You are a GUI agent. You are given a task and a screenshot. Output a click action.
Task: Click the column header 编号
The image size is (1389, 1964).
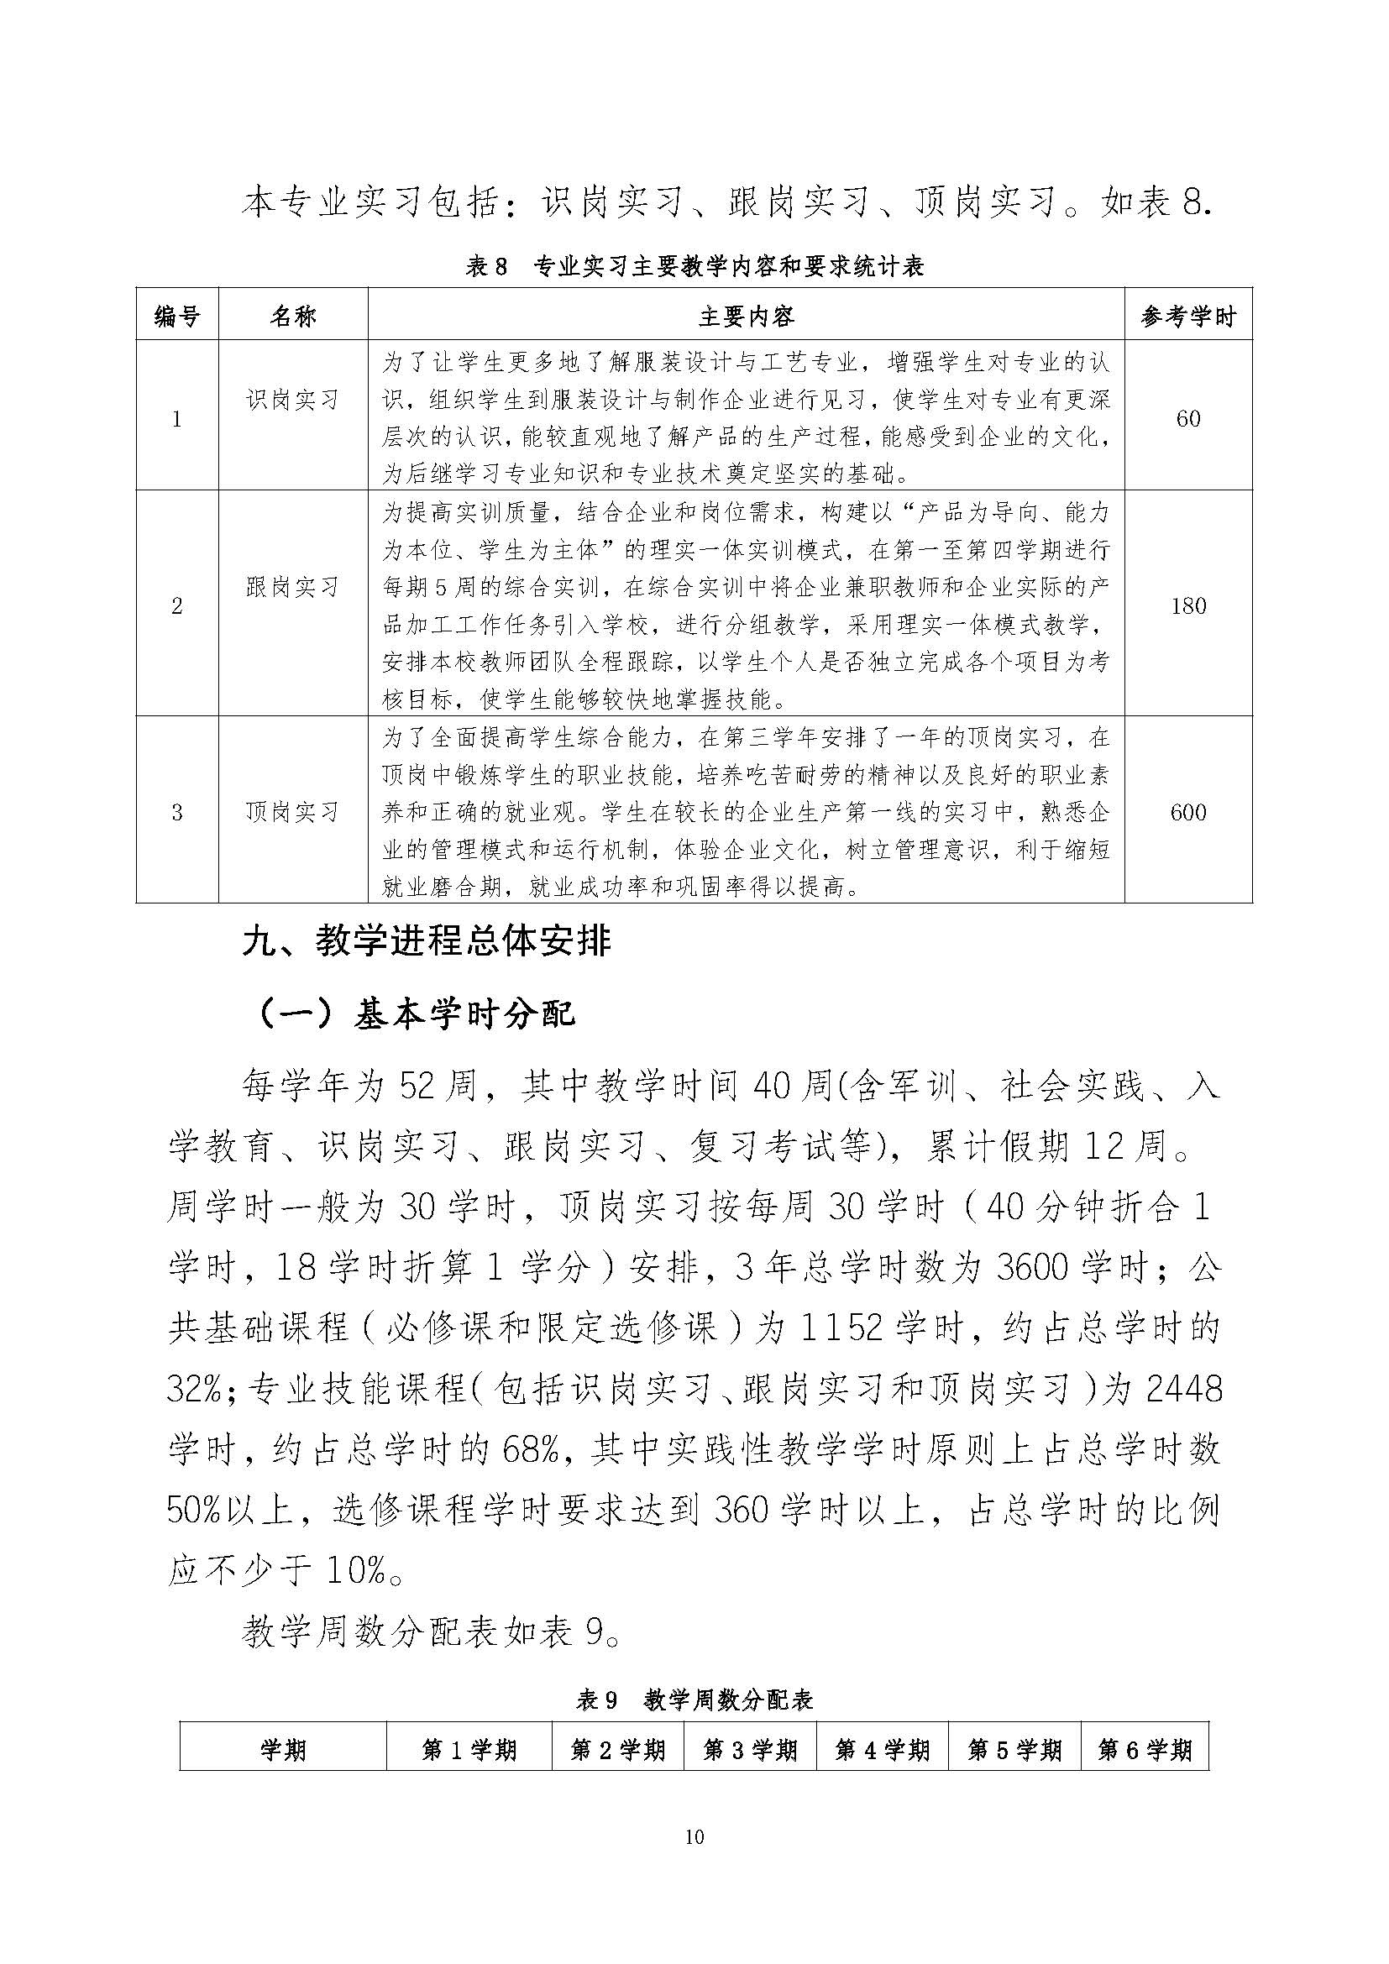click(177, 317)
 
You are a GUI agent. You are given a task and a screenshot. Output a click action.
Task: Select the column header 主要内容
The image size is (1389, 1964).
click(746, 317)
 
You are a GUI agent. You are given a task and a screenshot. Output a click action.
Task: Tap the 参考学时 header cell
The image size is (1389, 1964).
click(1188, 317)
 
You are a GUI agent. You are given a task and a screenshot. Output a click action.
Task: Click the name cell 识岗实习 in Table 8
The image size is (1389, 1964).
click(292, 400)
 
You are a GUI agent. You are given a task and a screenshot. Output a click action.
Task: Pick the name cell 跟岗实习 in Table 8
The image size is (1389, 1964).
click(292, 587)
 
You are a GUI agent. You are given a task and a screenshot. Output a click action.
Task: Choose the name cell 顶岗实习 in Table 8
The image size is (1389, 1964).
click(292, 811)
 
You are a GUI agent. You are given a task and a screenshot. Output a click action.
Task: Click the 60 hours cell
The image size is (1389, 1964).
click(1188, 418)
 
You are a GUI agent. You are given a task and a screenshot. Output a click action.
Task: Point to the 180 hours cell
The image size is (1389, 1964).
click(1188, 605)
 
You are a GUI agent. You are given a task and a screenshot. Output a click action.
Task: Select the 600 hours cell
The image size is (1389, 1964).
click(1188, 811)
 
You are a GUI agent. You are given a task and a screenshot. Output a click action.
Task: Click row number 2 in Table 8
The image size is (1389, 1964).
click(177, 605)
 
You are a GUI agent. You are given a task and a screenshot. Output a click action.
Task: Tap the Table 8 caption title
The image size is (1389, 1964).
click(694, 267)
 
